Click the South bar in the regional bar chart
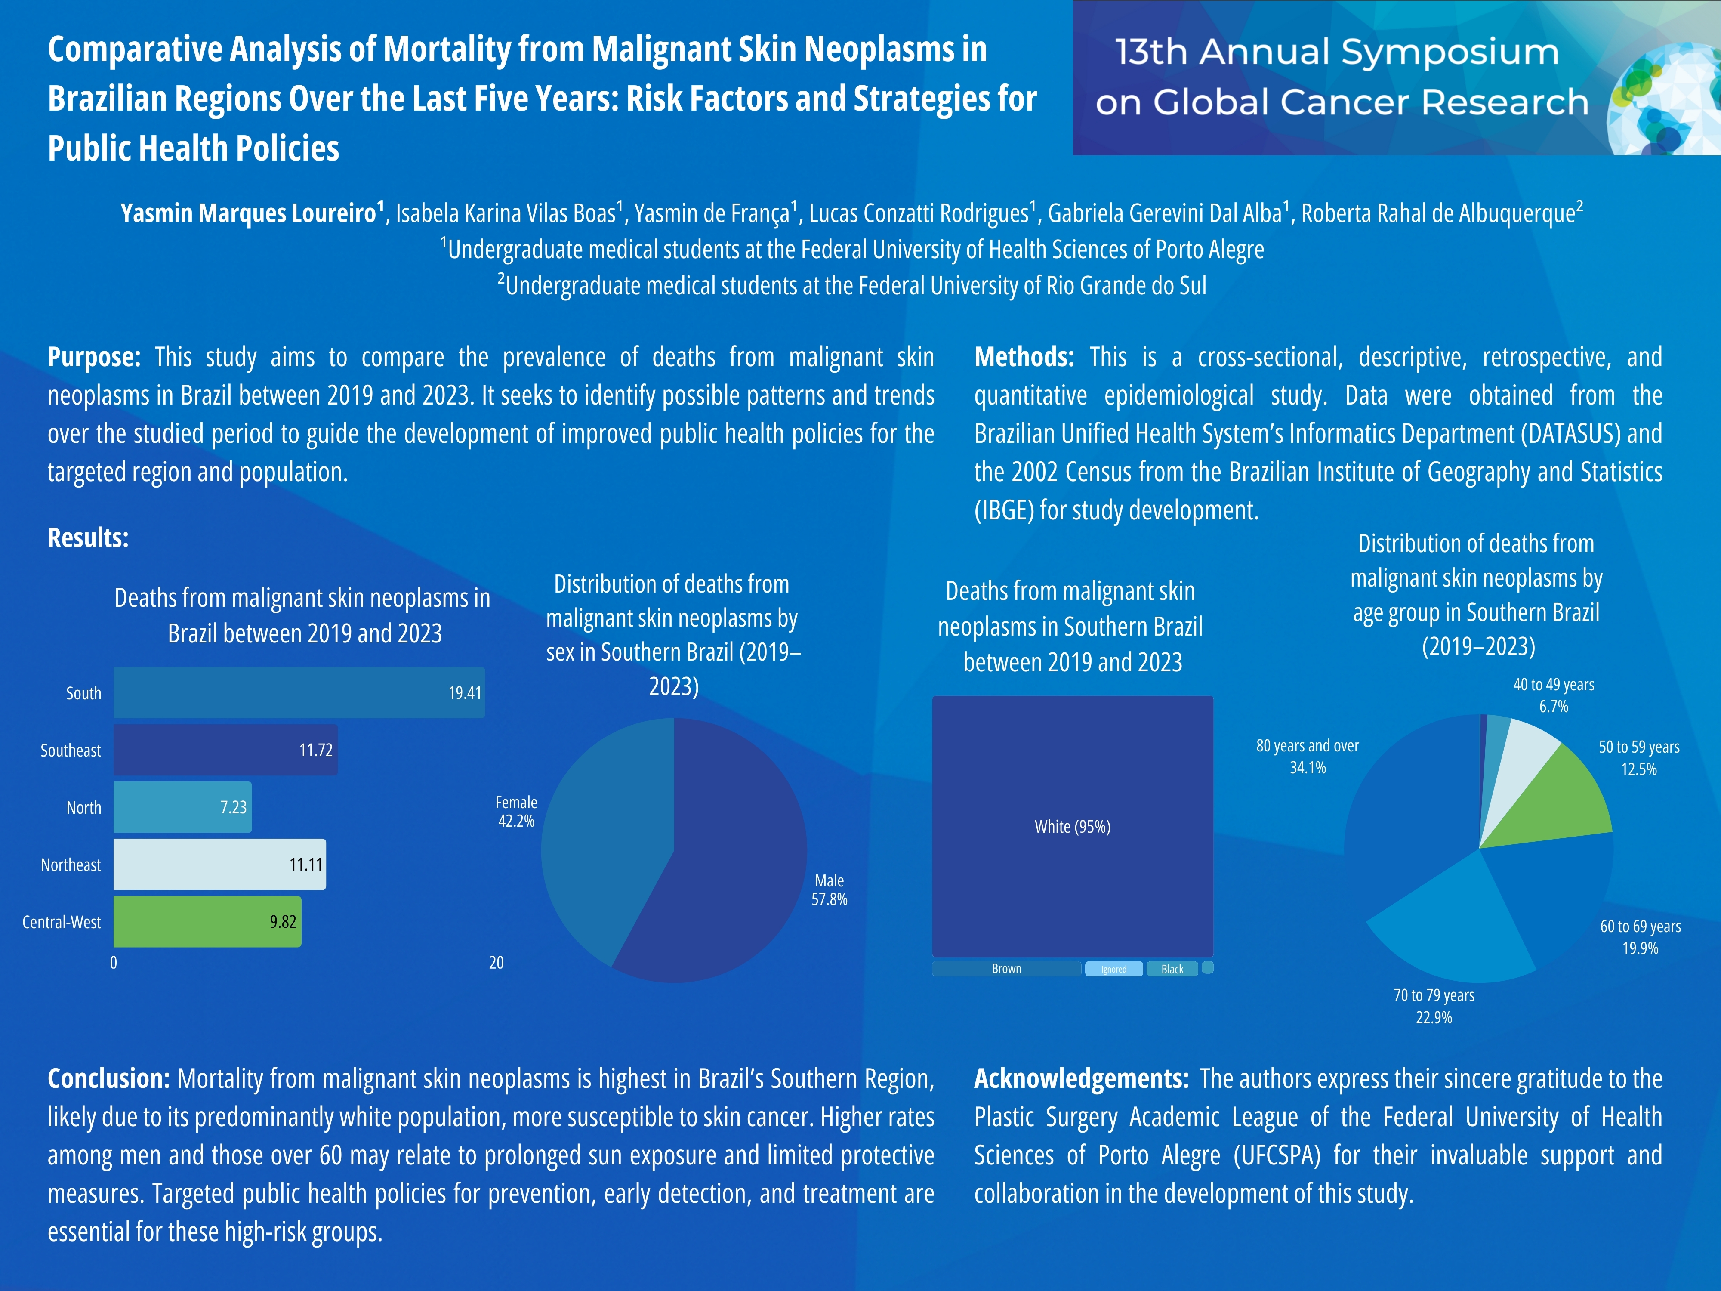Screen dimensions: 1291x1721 (x=299, y=692)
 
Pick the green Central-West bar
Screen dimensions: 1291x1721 (x=207, y=921)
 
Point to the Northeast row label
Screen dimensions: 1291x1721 (x=71, y=865)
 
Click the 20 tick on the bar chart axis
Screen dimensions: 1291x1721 (x=497, y=963)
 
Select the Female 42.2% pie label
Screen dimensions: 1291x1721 (x=516, y=812)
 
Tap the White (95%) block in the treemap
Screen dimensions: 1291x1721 (x=1072, y=826)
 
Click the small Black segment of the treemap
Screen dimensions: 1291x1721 (x=1172, y=969)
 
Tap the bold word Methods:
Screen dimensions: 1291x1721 (x=1024, y=357)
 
